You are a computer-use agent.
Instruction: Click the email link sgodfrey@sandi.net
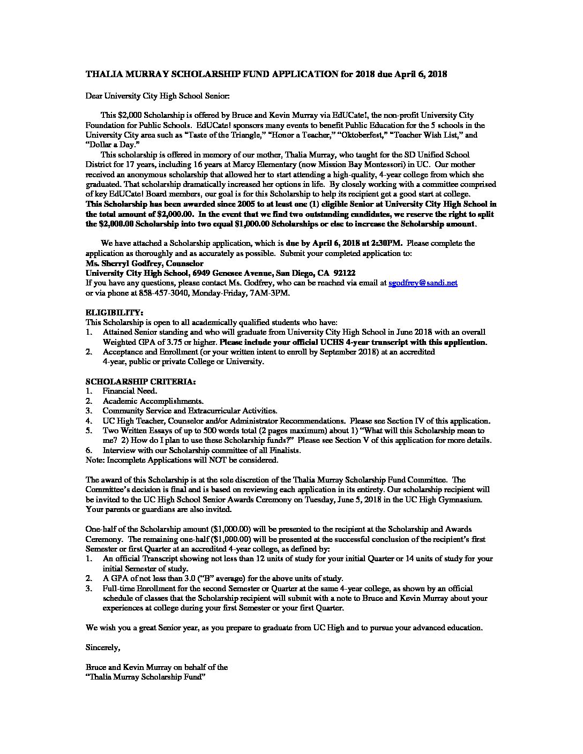[423, 283]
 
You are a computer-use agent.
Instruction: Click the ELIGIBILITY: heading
[114, 312]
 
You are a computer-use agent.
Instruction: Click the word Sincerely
[103, 647]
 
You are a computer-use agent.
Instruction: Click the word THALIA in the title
[102, 74]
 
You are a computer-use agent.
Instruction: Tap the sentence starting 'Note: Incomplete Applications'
[182, 459]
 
